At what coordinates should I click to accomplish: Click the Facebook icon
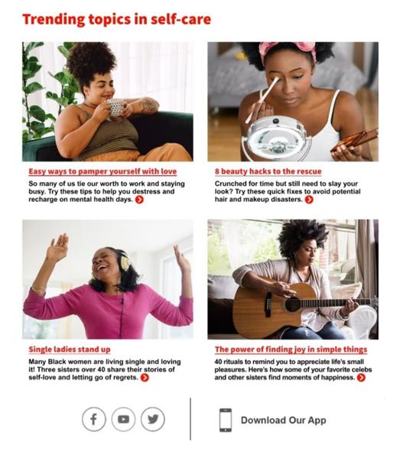click(93, 419)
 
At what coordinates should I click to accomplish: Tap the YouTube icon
click(123, 419)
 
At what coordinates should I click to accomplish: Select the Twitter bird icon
click(153, 419)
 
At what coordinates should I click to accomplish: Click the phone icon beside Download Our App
click(226, 420)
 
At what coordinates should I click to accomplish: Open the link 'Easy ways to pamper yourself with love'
click(102, 171)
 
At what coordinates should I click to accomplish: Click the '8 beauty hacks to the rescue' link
click(268, 171)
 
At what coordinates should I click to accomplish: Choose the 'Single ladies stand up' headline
click(70, 350)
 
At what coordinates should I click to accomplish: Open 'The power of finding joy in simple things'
click(291, 350)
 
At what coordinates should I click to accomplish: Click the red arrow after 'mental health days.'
click(140, 200)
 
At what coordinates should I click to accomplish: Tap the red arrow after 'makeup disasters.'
click(309, 200)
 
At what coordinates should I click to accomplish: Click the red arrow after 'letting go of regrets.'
click(145, 378)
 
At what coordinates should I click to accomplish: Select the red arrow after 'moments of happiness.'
click(361, 378)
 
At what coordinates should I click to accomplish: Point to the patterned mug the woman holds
click(116, 107)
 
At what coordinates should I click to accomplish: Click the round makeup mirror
click(278, 136)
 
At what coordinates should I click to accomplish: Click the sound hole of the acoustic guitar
click(292, 304)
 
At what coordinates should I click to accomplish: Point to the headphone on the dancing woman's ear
click(125, 262)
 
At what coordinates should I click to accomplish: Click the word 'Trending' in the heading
click(54, 20)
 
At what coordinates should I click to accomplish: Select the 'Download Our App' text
click(283, 420)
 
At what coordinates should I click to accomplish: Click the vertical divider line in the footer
click(190, 419)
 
